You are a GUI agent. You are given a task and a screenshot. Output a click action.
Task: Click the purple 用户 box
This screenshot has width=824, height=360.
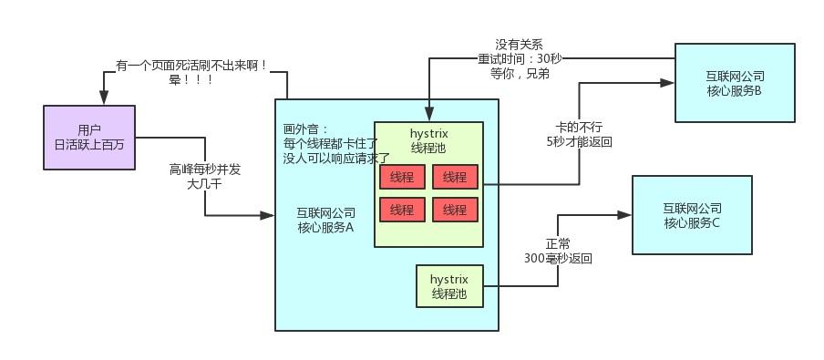coord(89,137)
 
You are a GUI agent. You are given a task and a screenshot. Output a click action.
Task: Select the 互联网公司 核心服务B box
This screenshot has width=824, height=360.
coord(734,82)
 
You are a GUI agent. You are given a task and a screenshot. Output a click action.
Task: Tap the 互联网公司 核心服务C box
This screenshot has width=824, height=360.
coord(692,215)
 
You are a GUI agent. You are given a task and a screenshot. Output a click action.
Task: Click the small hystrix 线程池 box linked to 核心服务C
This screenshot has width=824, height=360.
coord(448,285)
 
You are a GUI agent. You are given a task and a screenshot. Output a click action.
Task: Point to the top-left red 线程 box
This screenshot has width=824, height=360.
coord(402,177)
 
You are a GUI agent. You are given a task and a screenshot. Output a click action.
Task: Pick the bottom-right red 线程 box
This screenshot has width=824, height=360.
coord(455,210)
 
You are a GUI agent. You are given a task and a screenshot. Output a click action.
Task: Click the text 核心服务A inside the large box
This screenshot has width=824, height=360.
coord(325,228)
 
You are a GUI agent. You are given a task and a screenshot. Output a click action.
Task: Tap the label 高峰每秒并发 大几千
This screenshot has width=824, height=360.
coord(205,176)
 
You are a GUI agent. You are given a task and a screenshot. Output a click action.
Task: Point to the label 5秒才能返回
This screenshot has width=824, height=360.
coord(579,142)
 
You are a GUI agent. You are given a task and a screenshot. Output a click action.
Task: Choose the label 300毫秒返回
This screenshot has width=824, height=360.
coord(558,258)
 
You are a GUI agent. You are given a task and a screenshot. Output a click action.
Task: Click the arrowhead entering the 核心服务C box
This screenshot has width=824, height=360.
coord(626,215)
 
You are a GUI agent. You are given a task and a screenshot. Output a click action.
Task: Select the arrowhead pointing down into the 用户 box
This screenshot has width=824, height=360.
coord(103,100)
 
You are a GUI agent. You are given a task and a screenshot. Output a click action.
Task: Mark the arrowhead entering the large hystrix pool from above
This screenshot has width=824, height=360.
coord(428,116)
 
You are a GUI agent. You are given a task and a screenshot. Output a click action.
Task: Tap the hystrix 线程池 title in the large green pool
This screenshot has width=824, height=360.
coord(428,140)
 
